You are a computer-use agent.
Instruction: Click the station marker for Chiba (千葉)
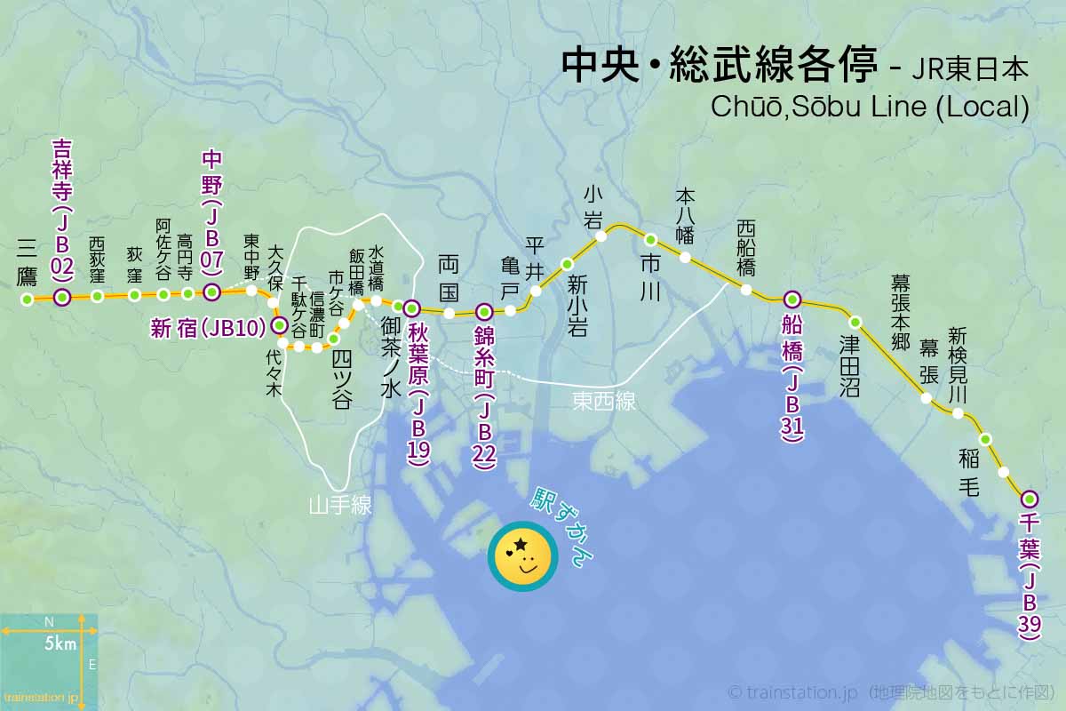[1030, 498]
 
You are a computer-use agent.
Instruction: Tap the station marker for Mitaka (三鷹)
[28, 300]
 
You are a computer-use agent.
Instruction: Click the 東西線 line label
[604, 402]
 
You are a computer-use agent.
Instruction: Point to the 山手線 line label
[340, 506]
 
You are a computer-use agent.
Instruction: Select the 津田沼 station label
[850, 365]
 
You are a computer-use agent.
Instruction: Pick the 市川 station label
[650, 277]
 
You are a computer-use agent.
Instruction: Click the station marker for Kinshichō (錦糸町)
[484, 312]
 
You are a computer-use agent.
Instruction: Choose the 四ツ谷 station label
[341, 378]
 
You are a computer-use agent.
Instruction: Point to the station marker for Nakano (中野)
[211, 292]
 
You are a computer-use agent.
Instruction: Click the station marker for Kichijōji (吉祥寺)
[62, 298]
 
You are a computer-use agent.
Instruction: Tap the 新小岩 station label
[578, 306]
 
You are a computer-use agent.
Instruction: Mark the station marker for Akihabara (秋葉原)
[411, 308]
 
